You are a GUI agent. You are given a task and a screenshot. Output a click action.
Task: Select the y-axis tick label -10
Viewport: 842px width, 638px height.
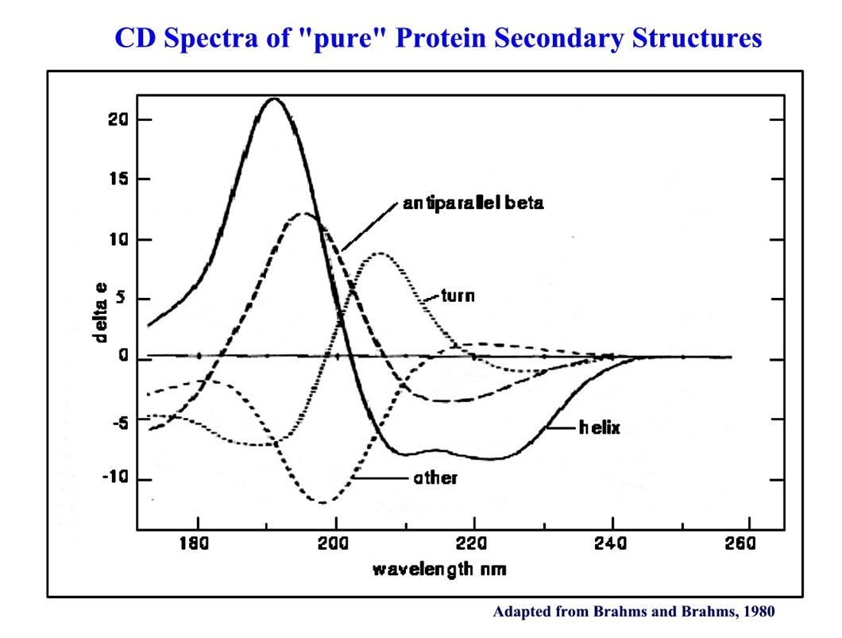coord(115,479)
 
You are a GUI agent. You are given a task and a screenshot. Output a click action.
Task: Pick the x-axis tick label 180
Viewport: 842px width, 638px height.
coord(195,545)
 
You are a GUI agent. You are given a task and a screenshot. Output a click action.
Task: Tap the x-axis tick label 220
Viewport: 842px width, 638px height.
coord(474,545)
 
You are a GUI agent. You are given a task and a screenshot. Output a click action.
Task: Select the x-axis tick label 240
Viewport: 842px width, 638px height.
coord(612,545)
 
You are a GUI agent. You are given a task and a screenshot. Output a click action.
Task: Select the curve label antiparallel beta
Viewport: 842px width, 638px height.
coord(473,203)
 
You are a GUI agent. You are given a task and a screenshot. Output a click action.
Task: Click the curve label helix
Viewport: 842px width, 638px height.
coord(599,428)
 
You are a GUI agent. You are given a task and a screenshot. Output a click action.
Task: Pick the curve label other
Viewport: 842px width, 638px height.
coord(435,478)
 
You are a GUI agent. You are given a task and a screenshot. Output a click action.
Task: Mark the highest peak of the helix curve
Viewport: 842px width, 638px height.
coord(274,99)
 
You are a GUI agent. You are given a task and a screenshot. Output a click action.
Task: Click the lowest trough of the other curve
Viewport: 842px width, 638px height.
coord(322,502)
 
